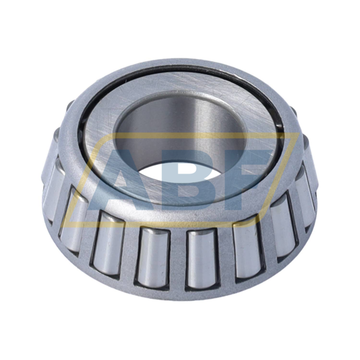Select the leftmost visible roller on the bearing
tap(52, 187)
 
